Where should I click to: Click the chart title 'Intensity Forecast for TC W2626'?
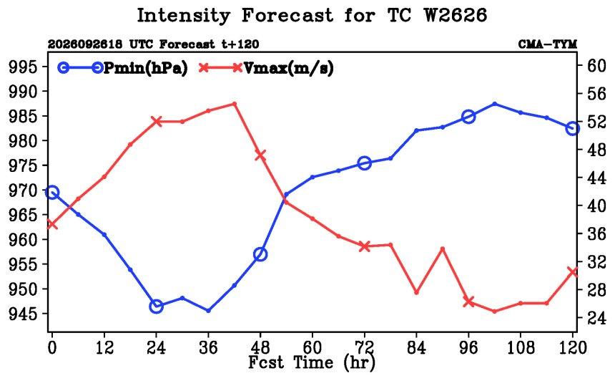(312, 16)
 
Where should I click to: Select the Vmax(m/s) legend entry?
(267, 68)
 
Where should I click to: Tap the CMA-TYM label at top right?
(548, 44)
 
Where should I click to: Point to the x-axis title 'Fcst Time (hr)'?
(312, 362)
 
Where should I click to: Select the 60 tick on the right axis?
(596, 66)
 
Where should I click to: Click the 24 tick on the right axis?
(596, 318)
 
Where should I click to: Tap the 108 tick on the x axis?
(521, 347)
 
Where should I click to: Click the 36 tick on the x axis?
(208, 347)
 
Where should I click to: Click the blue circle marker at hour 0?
(52, 193)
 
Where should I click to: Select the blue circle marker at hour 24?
(156, 306)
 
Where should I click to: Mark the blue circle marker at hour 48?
(260, 254)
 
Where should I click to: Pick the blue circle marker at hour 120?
(573, 128)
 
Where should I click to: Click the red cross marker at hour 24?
(156, 121)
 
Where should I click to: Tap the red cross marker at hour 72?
(365, 246)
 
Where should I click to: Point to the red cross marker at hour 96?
(468, 302)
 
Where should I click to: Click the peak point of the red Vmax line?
(234, 104)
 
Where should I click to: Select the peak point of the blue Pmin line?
(495, 104)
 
